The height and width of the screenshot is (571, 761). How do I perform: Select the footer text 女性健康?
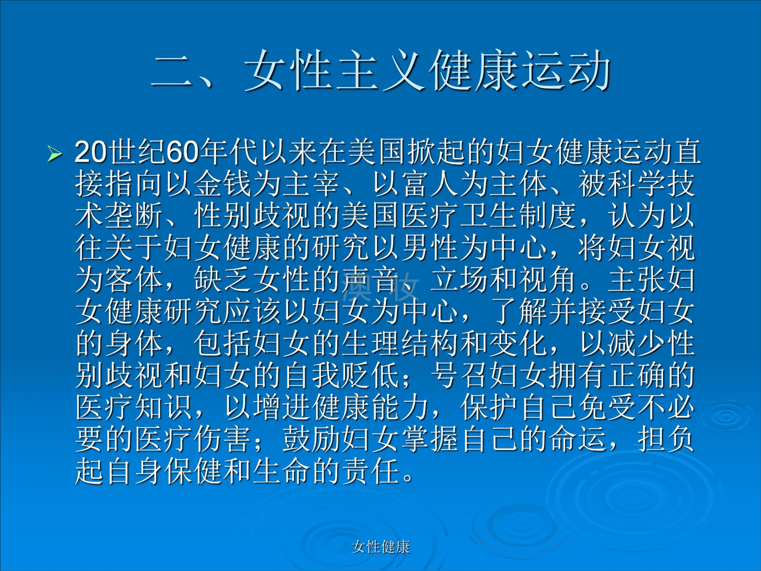pyautogui.click(x=381, y=547)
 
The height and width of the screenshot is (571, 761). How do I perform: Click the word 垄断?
pyautogui.click(x=134, y=216)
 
